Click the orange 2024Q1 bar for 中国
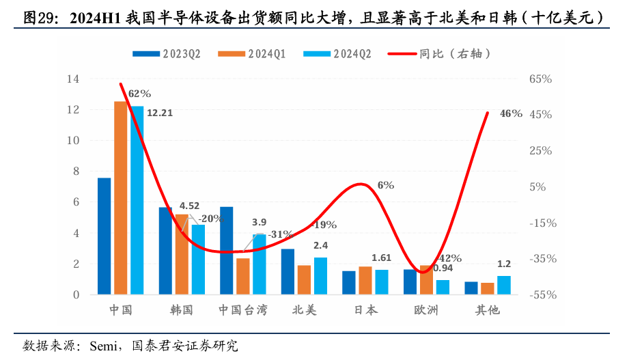[x=120, y=198]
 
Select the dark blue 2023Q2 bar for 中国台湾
[x=226, y=250]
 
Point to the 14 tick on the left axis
[x=72, y=79]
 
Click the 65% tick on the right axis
[x=540, y=79]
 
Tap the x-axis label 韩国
[x=182, y=310]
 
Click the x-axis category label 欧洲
[x=426, y=310]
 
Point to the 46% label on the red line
[x=511, y=113]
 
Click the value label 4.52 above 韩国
[x=189, y=205]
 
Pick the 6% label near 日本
[x=385, y=184]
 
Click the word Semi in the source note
[x=102, y=345]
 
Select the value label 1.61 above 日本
[x=381, y=258]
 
